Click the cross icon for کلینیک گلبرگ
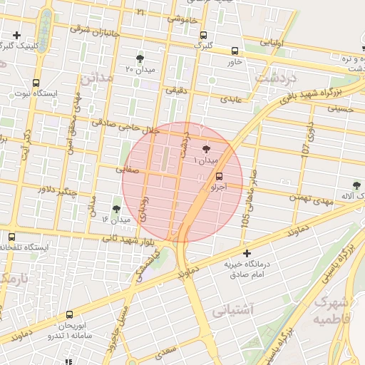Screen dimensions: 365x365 point(16,35)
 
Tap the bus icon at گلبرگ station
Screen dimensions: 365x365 point(204,35)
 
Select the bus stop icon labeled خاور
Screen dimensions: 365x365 point(235,51)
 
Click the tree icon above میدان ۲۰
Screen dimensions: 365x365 point(139,58)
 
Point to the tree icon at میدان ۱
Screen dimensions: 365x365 point(207,149)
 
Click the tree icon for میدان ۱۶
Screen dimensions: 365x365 point(116,209)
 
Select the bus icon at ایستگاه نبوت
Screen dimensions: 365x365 point(36,83)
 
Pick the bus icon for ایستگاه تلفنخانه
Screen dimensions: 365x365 point(11,237)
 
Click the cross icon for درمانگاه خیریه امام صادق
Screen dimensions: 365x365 point(247,253)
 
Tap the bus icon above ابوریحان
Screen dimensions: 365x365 point(69,314)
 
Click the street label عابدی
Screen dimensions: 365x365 point(232,99)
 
